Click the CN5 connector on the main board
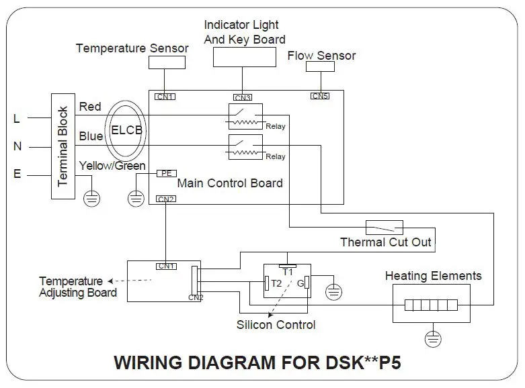click(x=320, y=96)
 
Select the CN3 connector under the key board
click(x=243, y=97)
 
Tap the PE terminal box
click(x=167, y=173)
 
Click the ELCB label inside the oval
click(x=126, y=130)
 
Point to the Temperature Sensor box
click(x=167, y=62)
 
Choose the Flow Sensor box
click(x=320, y=66)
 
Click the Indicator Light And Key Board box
click(x=245, y=57)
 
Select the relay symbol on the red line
click(x=245, y=116)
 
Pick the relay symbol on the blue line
click(x=245, y=147)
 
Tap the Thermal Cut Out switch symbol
click(x=385, y=228)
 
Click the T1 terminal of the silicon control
click(x=287, y=266)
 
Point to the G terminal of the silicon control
click(x=307, y=283)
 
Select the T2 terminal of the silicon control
click(x=267, y=283)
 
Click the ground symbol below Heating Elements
click(x=433, y=339)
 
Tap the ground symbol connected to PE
click(x=136, y=198)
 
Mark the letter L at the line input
click(x=16, y=118)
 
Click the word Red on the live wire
click(x=90, y=107)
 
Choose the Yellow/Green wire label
click(x=112, y=166)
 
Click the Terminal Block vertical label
click(x=63, y=146)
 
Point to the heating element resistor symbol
click(x=432, y=305)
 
